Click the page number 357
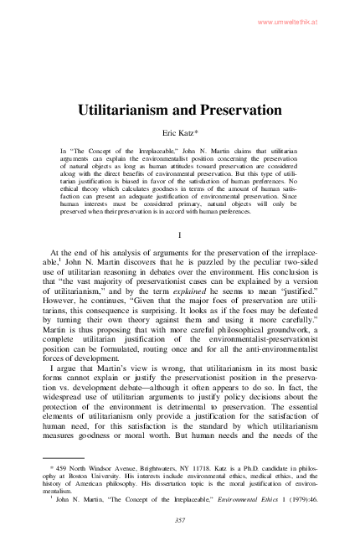pyautogui.click(x=180, y=519)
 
